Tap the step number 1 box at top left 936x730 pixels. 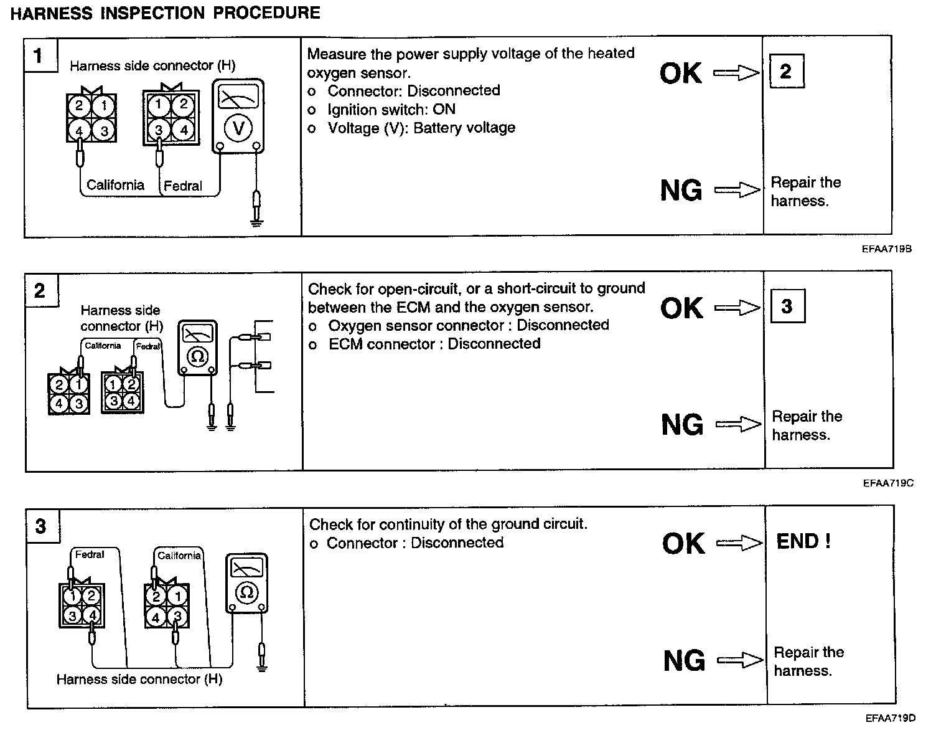(x=39, y=55)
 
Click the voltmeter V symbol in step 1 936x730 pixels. (x=238, y=129)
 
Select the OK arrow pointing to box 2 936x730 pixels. (x=736, y=73)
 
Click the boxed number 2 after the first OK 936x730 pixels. (x=786, y=72)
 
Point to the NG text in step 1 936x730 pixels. (x=681, y=190)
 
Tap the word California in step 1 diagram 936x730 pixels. (x=115, y=185)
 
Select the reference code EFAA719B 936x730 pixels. (x=887, y=249)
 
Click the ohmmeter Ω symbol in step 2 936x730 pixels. (x=198, y=356)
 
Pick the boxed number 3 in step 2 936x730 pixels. (x=787, y=306)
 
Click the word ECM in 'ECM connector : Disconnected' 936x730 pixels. (x=342, y=344)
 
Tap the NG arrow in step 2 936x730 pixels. (x=738, y=425)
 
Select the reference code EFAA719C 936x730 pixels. (x=888, y=483)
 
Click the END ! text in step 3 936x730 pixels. (x=803, y=541)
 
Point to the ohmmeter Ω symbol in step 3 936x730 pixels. (x=246, y=592)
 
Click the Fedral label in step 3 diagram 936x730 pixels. (x=90, y=554)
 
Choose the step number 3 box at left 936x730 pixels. (x=40, y=527)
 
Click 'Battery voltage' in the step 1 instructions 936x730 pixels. (x=464, y=128)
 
